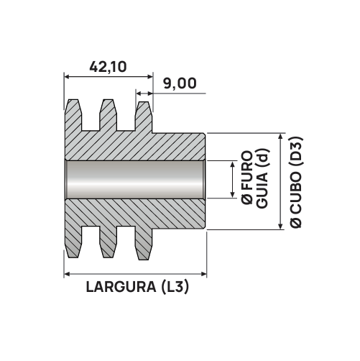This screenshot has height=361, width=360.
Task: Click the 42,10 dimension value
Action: [x=108, y=67]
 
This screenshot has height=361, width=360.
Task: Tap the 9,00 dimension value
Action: [x=180, y=83]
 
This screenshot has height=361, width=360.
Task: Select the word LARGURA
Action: [x=121, y=287]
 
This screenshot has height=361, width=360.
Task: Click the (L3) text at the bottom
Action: [x=175, y=287]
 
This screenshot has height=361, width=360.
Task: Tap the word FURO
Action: [x=247, y=170]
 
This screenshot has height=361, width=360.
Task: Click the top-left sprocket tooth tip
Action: [x=73, y=100]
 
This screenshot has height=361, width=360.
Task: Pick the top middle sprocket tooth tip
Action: [x=108, y=100]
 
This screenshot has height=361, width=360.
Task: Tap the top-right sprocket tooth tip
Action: [x=143, y=102]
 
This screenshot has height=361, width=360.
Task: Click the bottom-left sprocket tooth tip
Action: [x=73, y=257]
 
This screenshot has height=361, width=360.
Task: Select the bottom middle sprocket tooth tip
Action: [x=108, y=257]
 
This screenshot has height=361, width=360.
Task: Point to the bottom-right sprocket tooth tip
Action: [x=143, y=259]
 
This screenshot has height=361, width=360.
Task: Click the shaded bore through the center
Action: [x=134, y=179]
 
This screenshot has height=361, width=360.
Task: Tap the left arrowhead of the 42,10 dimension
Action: [x=67, y=77]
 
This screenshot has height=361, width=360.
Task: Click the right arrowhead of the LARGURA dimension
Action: [x=204, y=274]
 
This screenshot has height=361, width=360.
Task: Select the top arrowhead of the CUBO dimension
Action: [x=281, y=136]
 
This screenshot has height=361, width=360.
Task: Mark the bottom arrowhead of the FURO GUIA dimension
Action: [x=232, y=195]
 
